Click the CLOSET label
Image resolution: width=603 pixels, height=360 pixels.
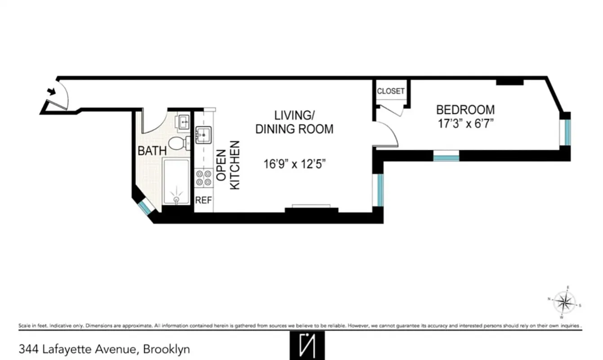pos(390,91)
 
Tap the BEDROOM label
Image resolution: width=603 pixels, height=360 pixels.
pos(465,109)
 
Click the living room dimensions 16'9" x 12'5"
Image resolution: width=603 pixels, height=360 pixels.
pos(295,164)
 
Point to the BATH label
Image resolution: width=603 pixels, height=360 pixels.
pos(152,151)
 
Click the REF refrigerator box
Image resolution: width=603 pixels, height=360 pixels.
pos(203,200)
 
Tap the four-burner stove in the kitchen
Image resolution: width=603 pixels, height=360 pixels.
pos(203,177)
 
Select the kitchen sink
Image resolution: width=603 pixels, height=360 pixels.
pos(203,134)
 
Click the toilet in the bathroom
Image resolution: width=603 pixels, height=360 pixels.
pos(177,144)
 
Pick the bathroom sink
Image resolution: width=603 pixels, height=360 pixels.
pos(183,122)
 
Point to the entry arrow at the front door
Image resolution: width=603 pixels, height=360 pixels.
pos(52,92)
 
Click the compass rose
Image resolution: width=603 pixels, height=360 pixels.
pos(564,301)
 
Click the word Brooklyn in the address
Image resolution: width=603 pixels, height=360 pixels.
pos(167,349)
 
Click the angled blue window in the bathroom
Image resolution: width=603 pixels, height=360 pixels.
pos(145,207)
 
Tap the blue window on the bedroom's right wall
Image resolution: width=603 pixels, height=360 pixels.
pos(567,132)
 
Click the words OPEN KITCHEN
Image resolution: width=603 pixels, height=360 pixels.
pos(228,165)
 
